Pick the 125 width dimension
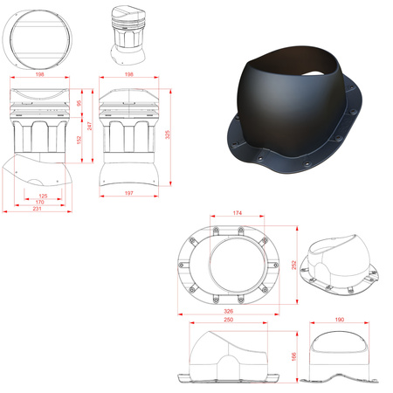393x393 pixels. coord(43,196)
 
